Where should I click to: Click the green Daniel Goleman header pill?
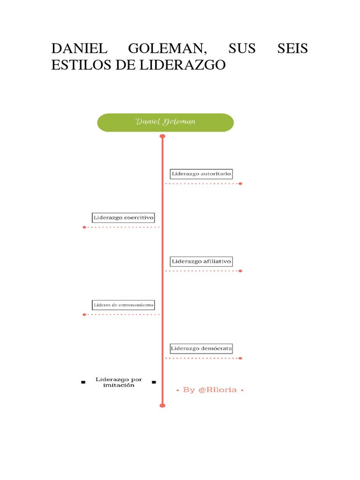(x=165, y=122)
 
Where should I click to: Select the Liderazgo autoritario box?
(x=201, y=174)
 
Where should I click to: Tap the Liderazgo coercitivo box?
(x=124, y=217)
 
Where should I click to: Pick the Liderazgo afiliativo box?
(x=201, y=261)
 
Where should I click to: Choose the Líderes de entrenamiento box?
(x=124, y=305)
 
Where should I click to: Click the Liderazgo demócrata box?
(x=201, y=348)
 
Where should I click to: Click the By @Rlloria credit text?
(x=210, y=390)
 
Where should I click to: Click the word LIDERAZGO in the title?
(x=182, y=65)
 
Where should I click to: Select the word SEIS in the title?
(x=292, y=49)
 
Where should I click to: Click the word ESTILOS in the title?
(x=79, y=65)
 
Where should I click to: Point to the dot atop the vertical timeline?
(x=163, y=136)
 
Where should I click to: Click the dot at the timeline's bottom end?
(x=163, y=405)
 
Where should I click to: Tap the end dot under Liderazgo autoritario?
(x=240, y=184)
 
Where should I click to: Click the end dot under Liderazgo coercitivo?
(x=84, y=227)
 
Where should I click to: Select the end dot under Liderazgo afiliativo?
(x=240, y=271)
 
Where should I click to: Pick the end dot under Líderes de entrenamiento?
(x=84, y=315)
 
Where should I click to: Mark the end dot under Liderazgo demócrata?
(x=240, y=358)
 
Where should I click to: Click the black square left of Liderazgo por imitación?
(x=83, y=382)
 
